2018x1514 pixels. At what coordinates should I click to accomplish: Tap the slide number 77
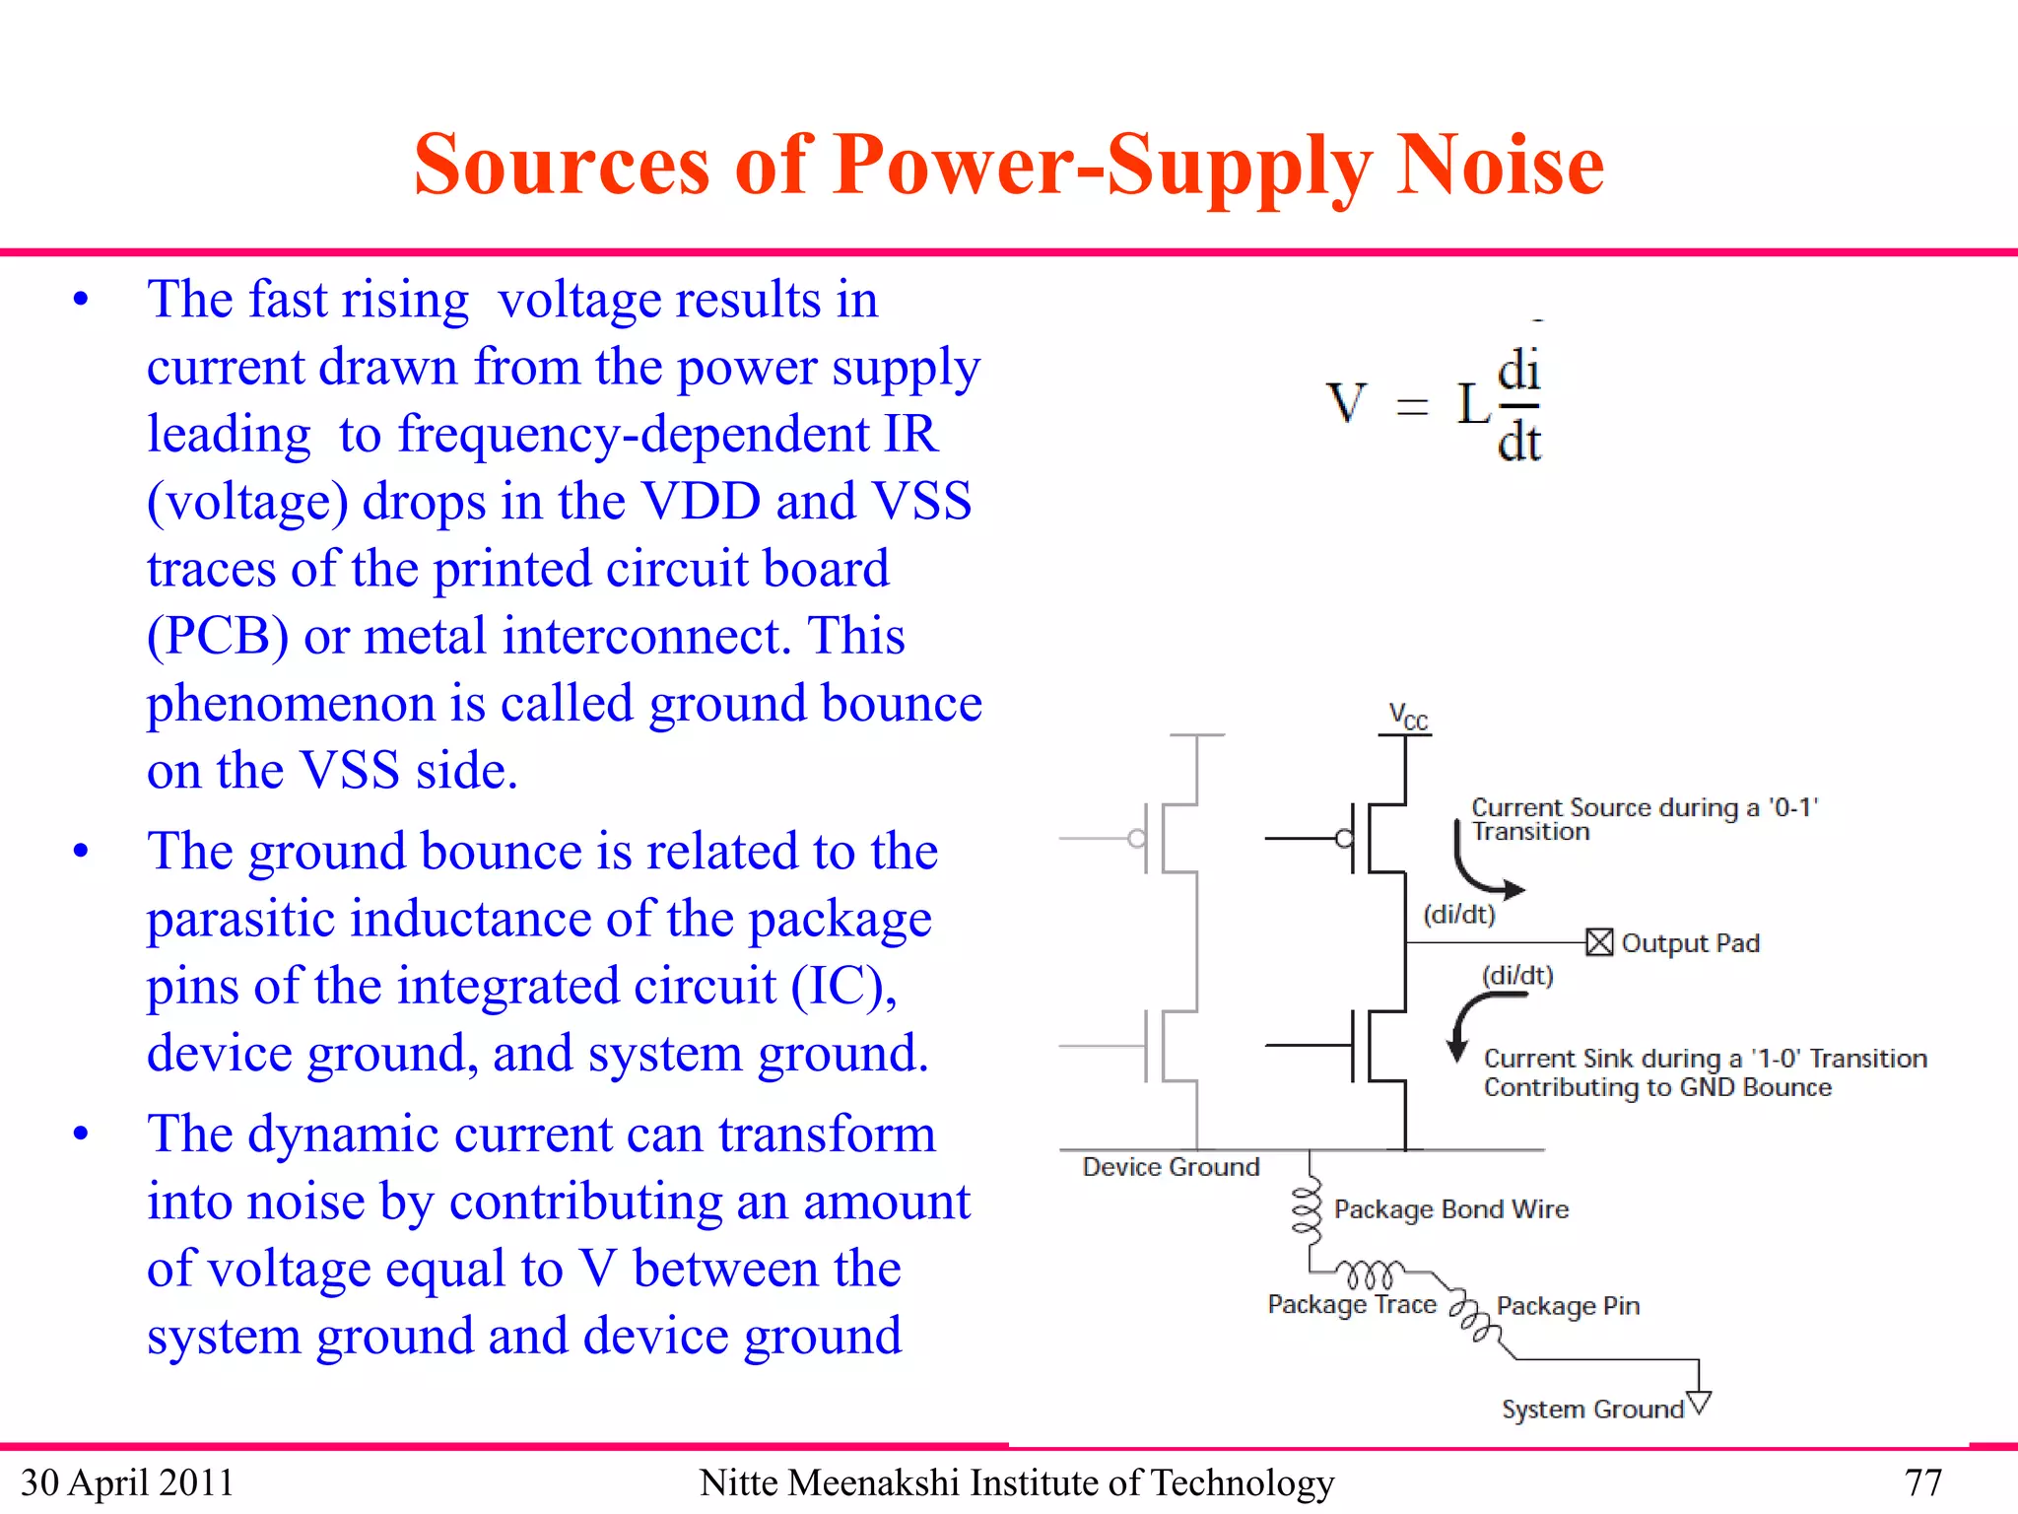[1922, 1482]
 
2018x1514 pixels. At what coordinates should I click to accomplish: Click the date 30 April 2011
[127, 1482]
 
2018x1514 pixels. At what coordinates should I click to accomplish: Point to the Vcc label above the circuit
[1407, 717]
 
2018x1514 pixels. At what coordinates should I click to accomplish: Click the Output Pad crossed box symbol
[1599, 942]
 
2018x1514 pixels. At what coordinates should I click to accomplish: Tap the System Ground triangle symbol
[1699, 1402]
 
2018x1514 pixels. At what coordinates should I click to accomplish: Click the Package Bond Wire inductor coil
[1307, 1210]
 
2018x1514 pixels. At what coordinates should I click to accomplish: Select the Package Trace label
[1351, 1304]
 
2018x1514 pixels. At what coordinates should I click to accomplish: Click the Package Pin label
[1567, 1306]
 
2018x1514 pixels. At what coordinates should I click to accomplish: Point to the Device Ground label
[1171, 1167]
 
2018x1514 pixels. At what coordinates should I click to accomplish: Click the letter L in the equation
[1474, 404]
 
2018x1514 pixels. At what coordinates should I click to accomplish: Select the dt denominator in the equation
[1518, 442]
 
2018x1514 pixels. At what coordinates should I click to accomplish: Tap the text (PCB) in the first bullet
[218, 637]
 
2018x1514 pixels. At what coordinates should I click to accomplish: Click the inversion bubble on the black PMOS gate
[1344, 839]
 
